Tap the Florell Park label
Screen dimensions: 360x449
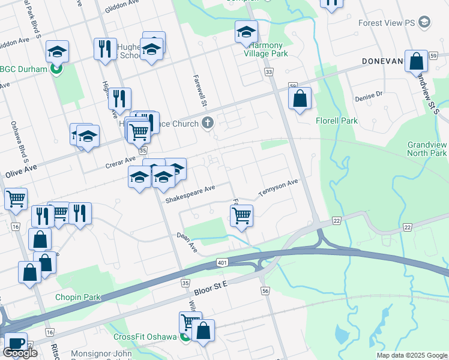pos(337,121)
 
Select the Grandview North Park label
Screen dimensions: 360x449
pos(427,149)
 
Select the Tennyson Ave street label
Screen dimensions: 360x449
pos(279,187)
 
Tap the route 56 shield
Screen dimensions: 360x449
pos(265,290)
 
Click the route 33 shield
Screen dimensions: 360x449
pos(268,72)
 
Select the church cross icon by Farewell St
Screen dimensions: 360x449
pos(208,124)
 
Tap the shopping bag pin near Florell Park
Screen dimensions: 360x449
pos(300,98)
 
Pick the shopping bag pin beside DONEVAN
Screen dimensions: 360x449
pos(416,61)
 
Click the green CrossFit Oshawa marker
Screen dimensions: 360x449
pos(185,337)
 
